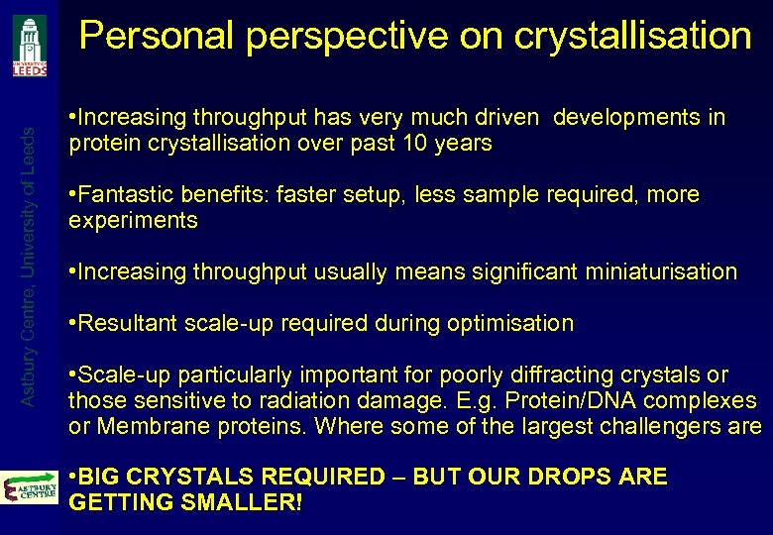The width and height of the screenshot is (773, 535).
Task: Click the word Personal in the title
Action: click(158, 37)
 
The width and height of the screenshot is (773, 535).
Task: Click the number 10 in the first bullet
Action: click(417, 144)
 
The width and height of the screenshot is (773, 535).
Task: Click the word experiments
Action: click(133, 220)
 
